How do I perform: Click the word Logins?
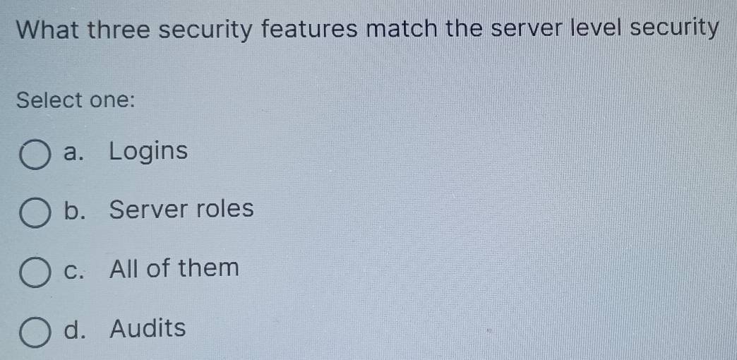coord(149,152)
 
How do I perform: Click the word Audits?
coord(148,328)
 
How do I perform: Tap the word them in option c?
coord(208,268)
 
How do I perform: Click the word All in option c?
coord(126,268)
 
